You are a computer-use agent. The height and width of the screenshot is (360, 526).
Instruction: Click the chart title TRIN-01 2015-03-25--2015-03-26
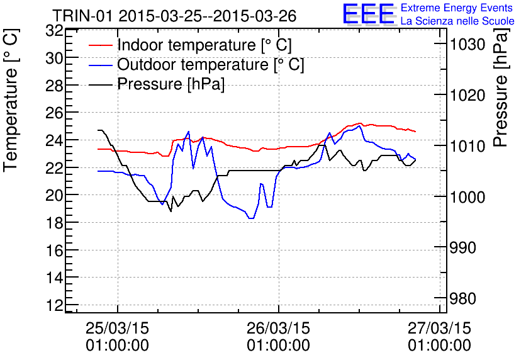click(x=174, y=16)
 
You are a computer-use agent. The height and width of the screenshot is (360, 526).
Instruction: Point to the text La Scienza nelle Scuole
click(x=457, y=21)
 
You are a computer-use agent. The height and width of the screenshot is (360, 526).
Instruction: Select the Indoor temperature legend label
click(x=204, y=45)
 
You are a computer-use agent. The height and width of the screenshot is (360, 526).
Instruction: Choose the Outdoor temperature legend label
click(x=210, y=65)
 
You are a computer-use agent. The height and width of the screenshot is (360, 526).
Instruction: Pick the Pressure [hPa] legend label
click(x=171, y=84)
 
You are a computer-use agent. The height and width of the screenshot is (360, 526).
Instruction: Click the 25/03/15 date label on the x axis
click(x=118, y=329)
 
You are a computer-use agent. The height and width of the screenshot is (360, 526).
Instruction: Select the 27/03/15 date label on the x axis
click(x=439, y=329)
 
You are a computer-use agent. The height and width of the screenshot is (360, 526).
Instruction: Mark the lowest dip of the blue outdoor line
click(x=251, y=218)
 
